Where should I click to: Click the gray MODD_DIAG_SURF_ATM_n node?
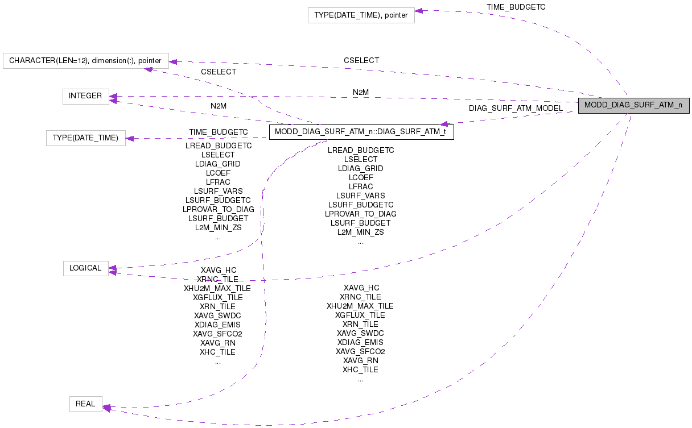point(633,106)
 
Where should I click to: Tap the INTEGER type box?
point(85,96)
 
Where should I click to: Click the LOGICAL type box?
point(85,268)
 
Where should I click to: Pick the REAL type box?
point(85,404)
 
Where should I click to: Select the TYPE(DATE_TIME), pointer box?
point(361,15)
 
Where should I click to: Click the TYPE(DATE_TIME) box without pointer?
point(85,138)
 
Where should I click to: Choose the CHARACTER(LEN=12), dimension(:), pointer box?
point(85,60)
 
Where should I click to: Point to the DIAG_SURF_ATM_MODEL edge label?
point(516,108)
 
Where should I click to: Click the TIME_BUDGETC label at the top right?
point(516,6)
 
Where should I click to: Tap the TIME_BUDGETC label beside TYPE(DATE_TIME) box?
point(219,132)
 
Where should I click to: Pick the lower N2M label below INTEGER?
point(219,106)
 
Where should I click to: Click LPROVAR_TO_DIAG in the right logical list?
point(361,214)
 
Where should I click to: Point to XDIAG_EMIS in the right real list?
point(360,342)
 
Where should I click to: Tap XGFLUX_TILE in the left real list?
point(217,297)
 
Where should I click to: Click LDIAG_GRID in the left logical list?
point(217,164)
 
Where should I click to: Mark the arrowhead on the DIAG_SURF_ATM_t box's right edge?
point(444,123)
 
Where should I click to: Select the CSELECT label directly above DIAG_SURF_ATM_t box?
point(219,72)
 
